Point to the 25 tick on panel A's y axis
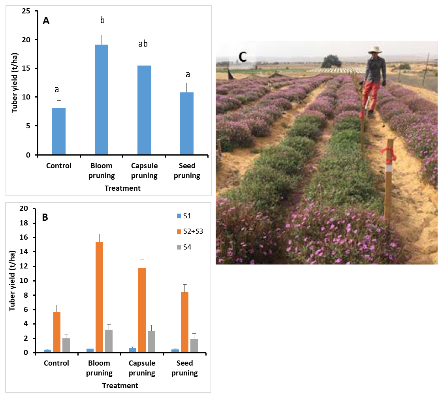pyautogui.click(x=27, y=11)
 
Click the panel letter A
pyautogui.click(x=46, y=21)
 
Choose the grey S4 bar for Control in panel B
pyautogui.click(x=66, y=345)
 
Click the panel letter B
pyautogui.click(x=45, y=217)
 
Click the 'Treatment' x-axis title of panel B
pyautogui.click(x=120, y=385)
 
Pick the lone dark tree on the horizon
pyautogui.click(x=331, y=61)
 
